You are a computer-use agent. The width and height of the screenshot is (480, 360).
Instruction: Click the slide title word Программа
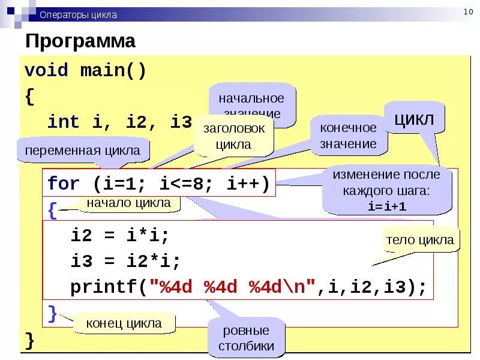(80, 41)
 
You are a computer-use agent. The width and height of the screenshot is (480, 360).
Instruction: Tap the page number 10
(468, 13)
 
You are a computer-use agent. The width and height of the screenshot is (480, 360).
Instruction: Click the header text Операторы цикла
(78, 14)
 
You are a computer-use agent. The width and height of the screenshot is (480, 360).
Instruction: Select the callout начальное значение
(251, 104)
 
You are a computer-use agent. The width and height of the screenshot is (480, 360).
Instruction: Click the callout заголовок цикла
(233, 136)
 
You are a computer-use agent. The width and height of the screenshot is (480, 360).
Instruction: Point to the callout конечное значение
(348, 136)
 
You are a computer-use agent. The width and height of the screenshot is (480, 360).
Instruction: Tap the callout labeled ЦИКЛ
(414, 118)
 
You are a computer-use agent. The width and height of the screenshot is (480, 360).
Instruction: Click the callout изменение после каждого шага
(386, 190)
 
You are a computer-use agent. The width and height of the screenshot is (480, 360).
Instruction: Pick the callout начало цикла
(128, 203)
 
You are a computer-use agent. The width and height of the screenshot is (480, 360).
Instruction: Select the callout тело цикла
(420, 240)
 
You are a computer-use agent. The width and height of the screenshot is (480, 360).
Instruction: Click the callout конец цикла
(124, 323)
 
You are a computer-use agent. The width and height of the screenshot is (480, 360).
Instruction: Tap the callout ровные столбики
(246, 338)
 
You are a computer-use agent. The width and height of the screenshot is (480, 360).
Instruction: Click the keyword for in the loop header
(63, 183)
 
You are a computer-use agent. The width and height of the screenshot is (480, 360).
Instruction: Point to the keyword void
(46, 70)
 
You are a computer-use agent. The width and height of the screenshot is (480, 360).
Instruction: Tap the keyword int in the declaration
(63, 122)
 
